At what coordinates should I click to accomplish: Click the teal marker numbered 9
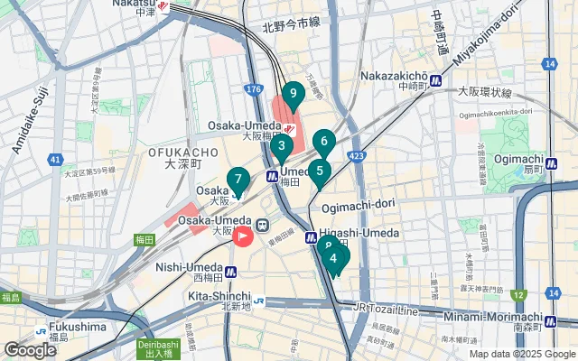(x=292, y=93)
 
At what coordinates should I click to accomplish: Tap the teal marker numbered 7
(x=238, y=180)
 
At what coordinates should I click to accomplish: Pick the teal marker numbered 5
(x=320, y=171)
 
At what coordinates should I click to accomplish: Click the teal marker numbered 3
(x=282, y=146)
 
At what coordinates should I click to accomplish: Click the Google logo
(x=30, y=350)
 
